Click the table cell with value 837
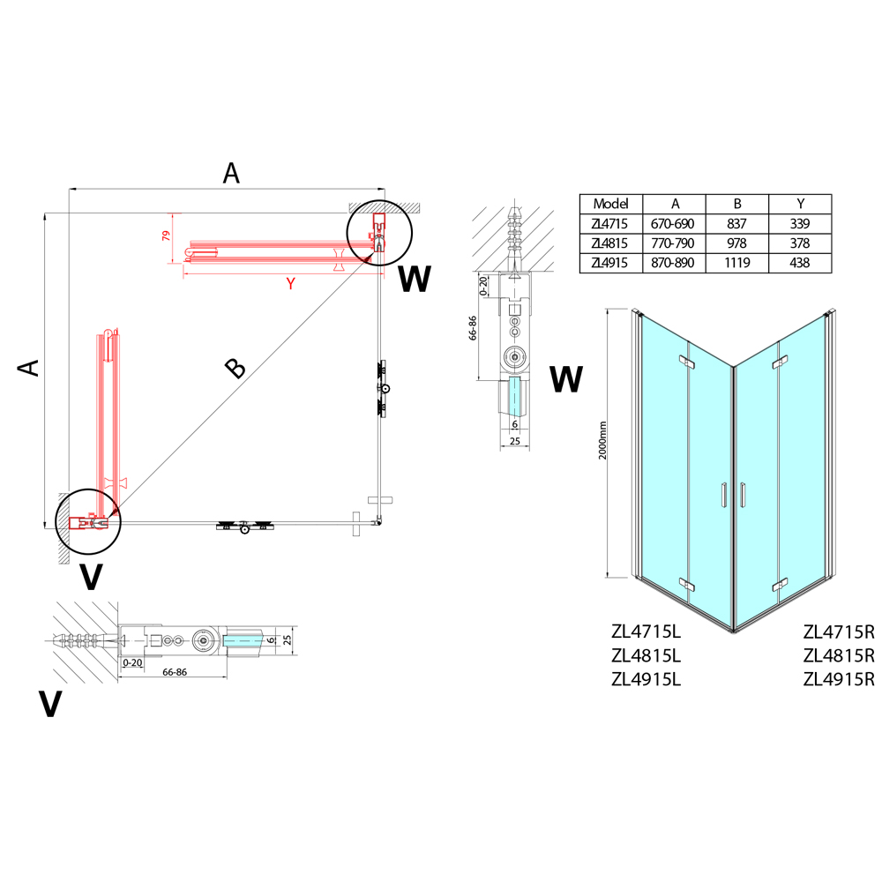[736, 224]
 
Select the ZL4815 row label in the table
[610, 243]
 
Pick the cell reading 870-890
[673, 263]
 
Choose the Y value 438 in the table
[800, 263]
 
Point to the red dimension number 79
[165, 236]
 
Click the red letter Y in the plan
[289, 283]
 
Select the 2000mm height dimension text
[602, 438]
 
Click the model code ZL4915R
[838, 679]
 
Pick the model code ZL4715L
[647, 632]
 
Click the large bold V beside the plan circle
[91, 577]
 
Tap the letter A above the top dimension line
[231, 174]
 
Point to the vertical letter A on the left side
[32, 367]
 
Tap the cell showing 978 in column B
[736, 243]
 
